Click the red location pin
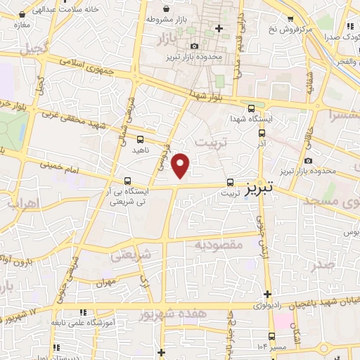pos(181,166)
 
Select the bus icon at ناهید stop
pos(141,139)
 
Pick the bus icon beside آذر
pos(262,132)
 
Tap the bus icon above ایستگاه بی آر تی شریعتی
pos(127,180)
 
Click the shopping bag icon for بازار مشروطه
pos(165,8)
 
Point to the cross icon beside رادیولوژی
pos(267,294)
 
